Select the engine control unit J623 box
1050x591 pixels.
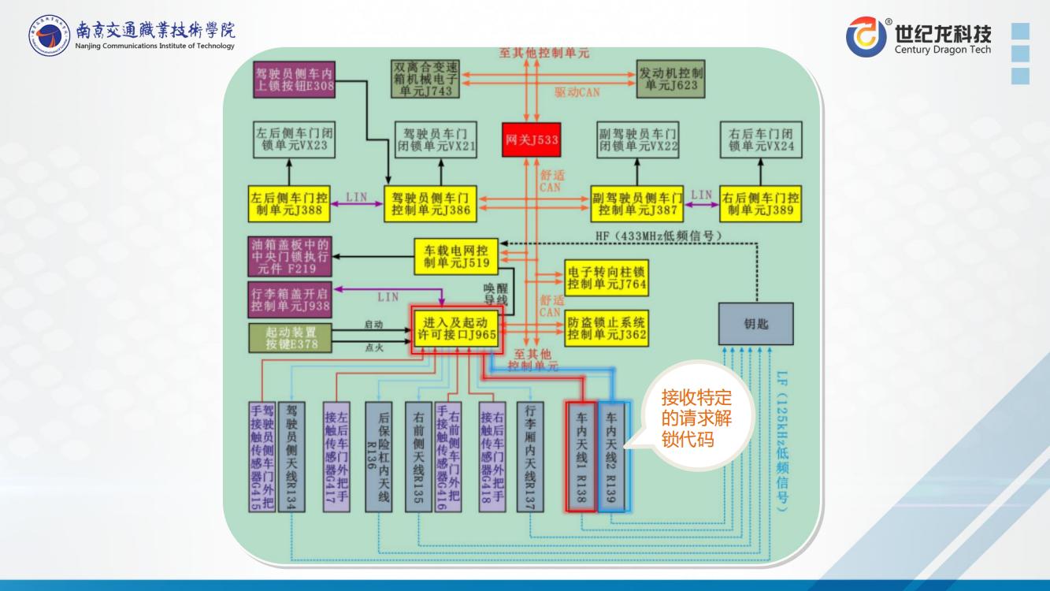[x=670, y=78]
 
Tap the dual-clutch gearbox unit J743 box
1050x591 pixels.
[x=426, y=78]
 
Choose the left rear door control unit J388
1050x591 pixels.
[x=288, y=204]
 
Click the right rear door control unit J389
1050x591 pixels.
[x=760, y=204]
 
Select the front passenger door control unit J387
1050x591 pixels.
[x=638, y=204]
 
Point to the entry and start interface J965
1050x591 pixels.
[x=459, y=329]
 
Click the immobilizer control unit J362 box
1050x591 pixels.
[x=607, y=328]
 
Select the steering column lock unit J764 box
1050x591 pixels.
[x=607, y=277]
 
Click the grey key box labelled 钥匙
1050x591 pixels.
[x=755, y=323]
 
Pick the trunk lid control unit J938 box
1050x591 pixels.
[x=290, y=299]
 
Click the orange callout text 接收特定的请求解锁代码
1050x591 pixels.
[x=696, y=418]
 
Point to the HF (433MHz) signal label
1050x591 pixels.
[x=659, y=235]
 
